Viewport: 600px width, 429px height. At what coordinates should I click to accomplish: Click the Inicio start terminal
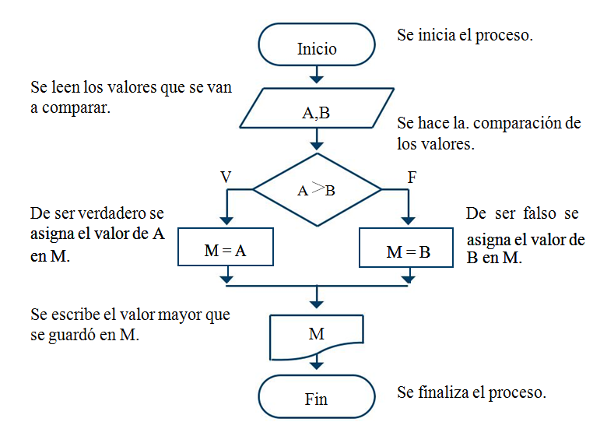pos(317,47)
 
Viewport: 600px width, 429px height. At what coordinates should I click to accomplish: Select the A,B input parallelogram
pos(317,112)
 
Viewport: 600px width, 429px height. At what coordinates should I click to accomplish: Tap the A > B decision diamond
pos(317,190)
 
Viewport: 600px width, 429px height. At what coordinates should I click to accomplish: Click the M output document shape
pos(317,334)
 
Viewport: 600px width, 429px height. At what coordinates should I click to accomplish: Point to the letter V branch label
pos(226,178)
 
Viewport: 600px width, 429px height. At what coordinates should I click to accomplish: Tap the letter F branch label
pos(412,178)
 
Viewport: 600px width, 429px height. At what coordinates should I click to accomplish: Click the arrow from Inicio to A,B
pos(317,76)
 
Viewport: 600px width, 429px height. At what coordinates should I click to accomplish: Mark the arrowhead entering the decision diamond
pos(317,145)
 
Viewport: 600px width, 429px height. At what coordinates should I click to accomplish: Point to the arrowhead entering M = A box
pos(226,221)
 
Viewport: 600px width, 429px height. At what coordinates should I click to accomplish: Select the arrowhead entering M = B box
pos(408,221)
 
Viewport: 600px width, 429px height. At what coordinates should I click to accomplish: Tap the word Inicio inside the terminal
pos(317,48)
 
